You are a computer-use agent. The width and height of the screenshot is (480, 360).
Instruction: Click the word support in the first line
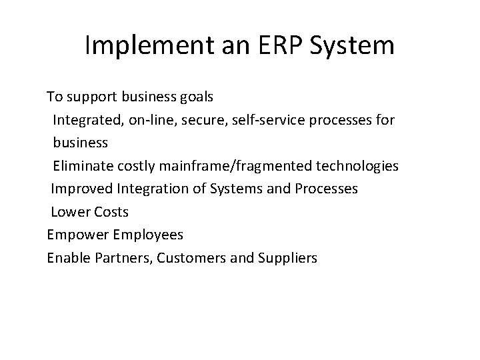[92, 97]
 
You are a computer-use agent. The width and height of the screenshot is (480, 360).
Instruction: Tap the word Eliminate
[82, 166]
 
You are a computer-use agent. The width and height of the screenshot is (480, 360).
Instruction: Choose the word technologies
[357, 166]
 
